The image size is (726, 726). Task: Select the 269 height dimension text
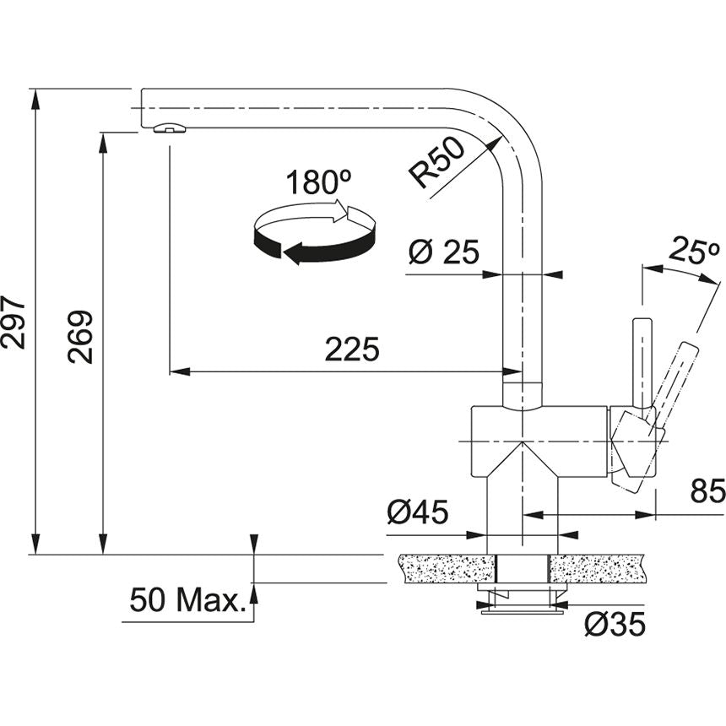[82, 337]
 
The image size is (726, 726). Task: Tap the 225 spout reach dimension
[352, 349]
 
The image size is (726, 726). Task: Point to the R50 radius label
[436, 163]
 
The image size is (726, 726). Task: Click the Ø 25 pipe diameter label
[443, 252]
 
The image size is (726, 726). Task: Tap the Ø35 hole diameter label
[615, 625]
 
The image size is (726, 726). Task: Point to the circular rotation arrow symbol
[314, 232]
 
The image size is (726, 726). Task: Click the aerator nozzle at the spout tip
[169, 128]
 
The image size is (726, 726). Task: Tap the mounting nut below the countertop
[522, 600]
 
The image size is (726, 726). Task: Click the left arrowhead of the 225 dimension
[176, 371]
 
